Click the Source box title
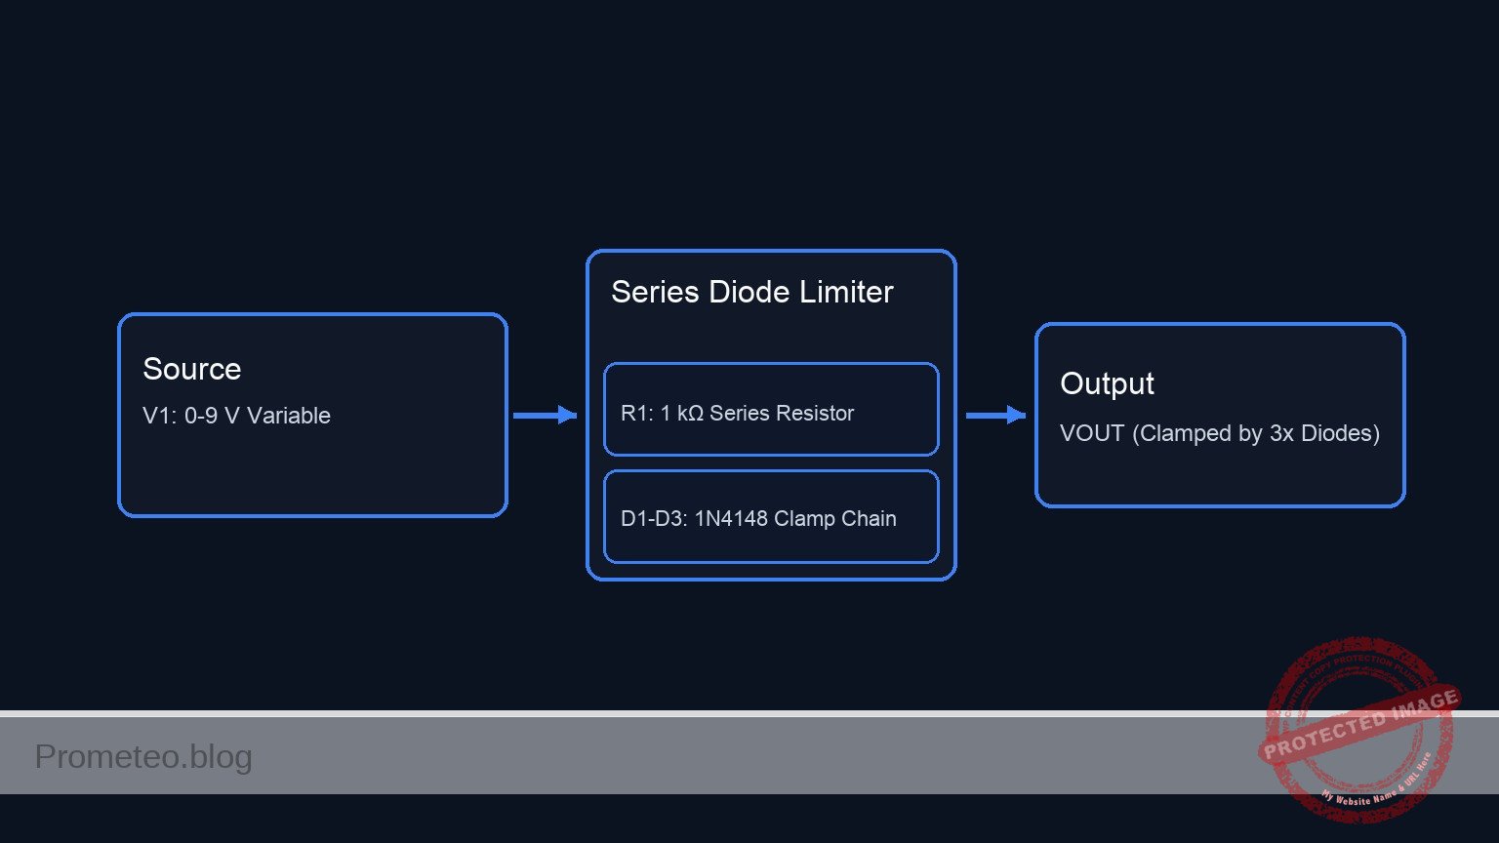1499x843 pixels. [x=191, y=369]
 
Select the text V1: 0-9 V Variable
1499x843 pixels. [x=236, y=416]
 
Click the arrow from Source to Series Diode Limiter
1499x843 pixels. [x=545, y=416]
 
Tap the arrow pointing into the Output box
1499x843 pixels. [x=994, y=416]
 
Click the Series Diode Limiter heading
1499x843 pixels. [x=751, y=292]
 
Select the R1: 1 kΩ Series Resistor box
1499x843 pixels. [x=771, y=410]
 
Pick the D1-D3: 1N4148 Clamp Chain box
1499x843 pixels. [x=771, y=517]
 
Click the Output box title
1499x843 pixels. [x=1107, y=383]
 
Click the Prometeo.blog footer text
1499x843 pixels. [x=143, y=757]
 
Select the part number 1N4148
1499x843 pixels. [x=731, y=519]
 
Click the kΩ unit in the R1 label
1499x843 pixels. [x=690, y=414]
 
